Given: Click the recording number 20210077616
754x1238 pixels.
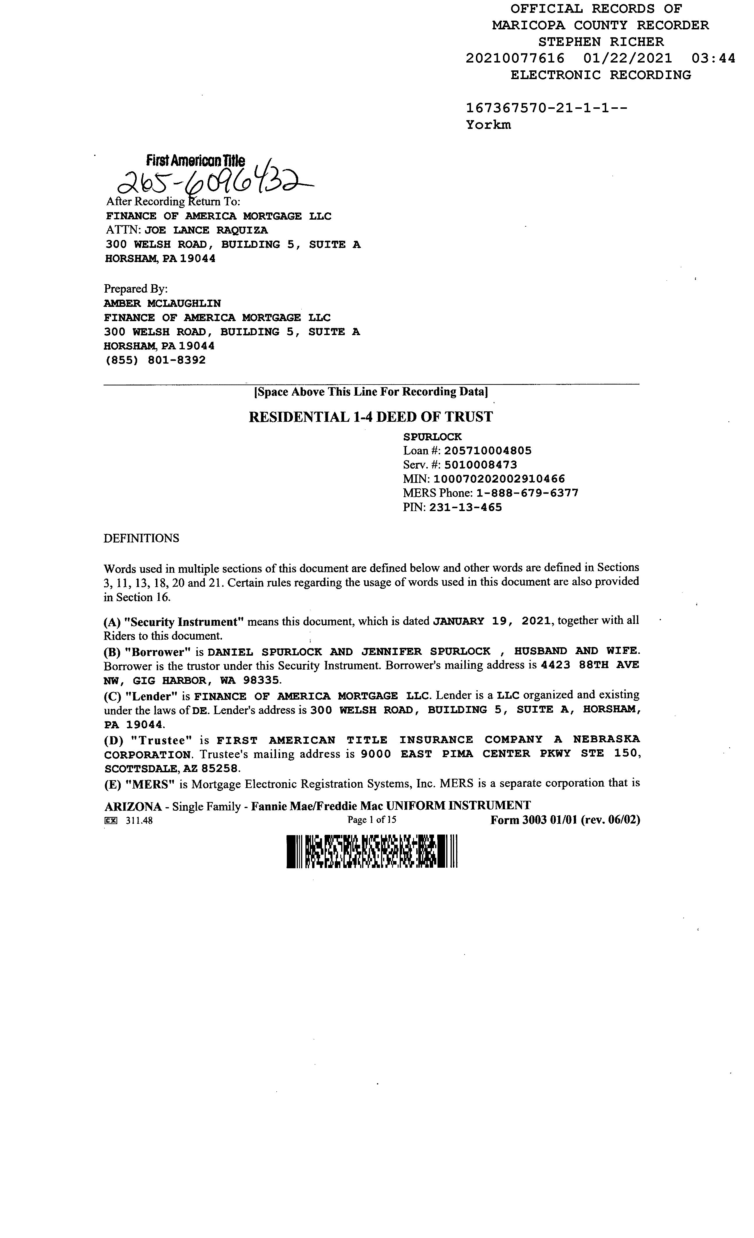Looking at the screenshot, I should coord(515,58).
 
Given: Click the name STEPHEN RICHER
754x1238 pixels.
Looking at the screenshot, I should coord(601,42).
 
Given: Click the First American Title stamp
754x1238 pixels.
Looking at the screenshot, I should coord(195,161).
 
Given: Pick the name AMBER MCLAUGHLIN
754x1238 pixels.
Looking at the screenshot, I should coord(162,303).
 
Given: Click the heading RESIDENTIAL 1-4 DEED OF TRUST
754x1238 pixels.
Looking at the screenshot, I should coord(371,417).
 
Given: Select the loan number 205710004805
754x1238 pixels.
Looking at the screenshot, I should coord(487,451).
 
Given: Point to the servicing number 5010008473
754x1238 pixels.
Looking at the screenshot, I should coord(481,465).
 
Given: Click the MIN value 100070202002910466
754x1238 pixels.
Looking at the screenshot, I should coord(499,479).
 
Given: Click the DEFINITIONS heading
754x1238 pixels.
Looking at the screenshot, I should coord(141,538).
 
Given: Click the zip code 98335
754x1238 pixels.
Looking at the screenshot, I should coord(261,680).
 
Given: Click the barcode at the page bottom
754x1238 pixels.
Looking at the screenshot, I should coord(372,851).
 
